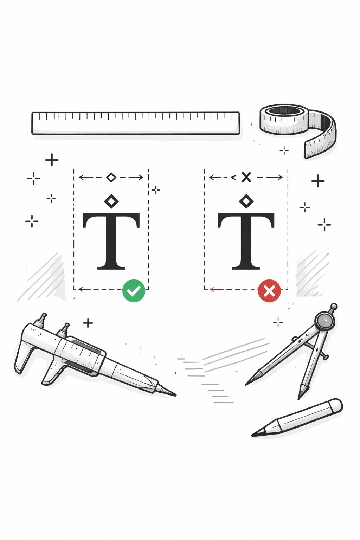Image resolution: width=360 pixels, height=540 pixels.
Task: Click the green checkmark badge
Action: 134,290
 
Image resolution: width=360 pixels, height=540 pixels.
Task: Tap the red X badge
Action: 269,291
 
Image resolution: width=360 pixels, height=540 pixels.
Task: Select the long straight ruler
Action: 136,123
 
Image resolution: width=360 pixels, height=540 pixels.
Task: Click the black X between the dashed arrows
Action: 246,177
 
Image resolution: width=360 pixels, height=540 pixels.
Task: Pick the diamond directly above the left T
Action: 111,201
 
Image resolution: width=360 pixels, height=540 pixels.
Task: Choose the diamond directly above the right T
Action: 246,201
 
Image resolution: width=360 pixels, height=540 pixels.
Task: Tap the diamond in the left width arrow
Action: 111,177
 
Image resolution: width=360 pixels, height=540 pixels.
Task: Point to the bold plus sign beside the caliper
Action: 88,322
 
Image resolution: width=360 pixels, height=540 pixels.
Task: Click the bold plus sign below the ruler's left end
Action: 52,160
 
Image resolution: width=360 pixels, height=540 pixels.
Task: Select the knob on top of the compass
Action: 334,306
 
